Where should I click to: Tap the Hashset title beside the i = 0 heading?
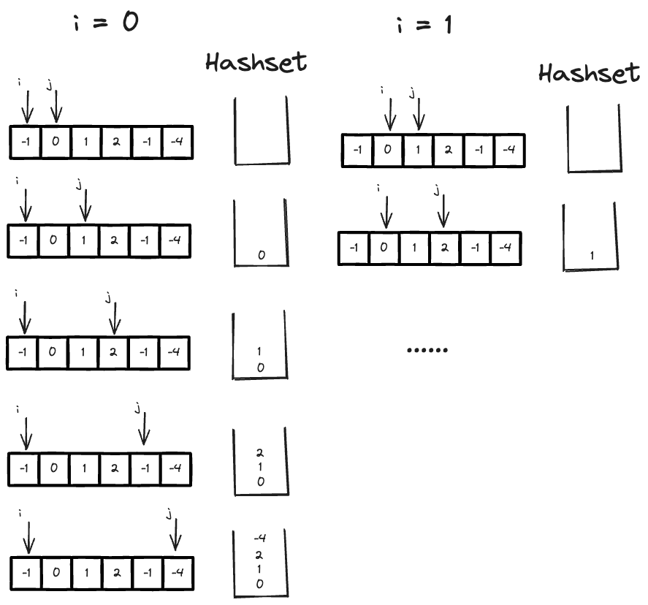click(x=255, y=63)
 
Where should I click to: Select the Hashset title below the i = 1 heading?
click(x=589, y=72)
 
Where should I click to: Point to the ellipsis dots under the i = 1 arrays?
click(x=427, y=350)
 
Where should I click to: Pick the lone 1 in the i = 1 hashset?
click(x=591, y=256)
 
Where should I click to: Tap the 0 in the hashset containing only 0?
click(x=261, y=255)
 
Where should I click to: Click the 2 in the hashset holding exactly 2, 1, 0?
click(x=260, y=453)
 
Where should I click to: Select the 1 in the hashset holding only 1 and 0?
click(x=260, y=352)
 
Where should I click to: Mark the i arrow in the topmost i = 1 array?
click(x=389, y=114)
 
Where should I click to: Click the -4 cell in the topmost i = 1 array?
click(x=508, y=151)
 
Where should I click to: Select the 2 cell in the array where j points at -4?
click(x=115, y=574)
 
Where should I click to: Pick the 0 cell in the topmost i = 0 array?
click(x=55, y=142)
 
